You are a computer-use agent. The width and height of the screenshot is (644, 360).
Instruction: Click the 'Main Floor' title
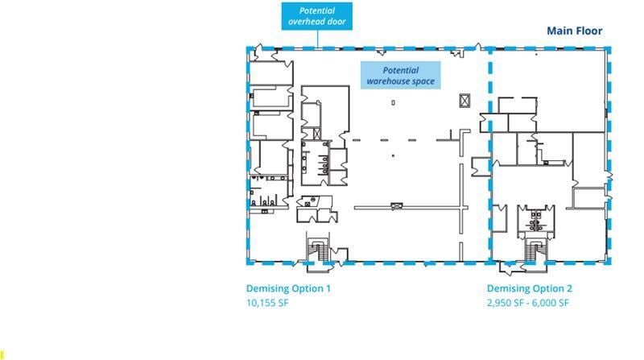click(x=574, y=31)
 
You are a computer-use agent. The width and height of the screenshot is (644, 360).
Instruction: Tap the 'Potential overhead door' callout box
click(x=317, y=16)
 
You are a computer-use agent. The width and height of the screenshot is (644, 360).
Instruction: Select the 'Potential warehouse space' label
click(x=400, y=76)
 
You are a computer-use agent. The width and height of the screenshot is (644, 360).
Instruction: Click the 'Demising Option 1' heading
click(x=288, y=288)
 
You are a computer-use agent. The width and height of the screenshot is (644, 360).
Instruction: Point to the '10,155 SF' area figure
click(x=267, y=304)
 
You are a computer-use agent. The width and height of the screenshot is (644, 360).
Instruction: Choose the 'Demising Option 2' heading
click(x=529, y=288)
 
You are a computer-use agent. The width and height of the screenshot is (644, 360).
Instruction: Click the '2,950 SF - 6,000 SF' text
click(x=528, y=304)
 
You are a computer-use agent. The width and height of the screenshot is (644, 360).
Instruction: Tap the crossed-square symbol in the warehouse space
click(x=464, y=100)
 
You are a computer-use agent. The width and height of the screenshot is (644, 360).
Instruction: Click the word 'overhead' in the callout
click(x=308, y=22)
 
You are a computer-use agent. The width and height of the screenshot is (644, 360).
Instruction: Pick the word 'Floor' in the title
click(x=588, y=31)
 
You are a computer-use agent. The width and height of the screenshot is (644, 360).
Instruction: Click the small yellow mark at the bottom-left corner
click(x=2, y=353)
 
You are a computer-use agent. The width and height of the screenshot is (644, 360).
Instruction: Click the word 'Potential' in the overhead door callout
click(x=317, y=10)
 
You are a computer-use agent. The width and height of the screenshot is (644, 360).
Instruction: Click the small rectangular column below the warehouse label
click(x=393, y=102)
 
